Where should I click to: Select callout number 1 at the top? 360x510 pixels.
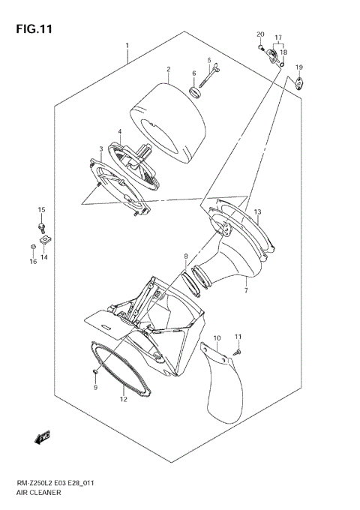pos(127,45)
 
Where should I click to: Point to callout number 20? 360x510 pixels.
pos(260,35)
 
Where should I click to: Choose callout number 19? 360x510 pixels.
pos(298,68)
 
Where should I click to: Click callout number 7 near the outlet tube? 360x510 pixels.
pos(245,289)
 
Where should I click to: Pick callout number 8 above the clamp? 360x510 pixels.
pos(186,257)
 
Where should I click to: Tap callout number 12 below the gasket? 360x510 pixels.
pos(122,400)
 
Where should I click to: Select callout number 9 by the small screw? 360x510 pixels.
pos(96,387)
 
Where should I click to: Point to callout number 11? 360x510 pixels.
pos(238,336)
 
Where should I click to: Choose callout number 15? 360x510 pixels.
pos(42,209)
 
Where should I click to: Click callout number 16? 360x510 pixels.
pos(33,261)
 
